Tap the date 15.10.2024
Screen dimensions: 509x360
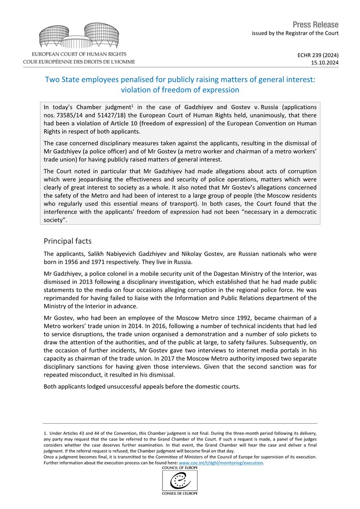click(326, 62)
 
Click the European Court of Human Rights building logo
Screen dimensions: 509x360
click(79, 36)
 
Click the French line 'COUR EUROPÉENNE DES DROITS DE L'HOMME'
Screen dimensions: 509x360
click(79, 62)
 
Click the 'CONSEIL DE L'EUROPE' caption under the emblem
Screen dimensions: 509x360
click(180, 493)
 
